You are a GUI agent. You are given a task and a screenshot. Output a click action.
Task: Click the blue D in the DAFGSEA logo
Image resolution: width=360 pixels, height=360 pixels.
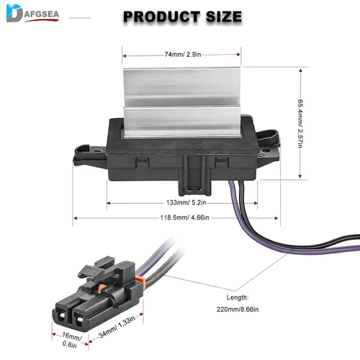click(14, 13)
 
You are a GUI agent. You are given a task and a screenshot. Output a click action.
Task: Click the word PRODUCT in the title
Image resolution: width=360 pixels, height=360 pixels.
click(161, 17)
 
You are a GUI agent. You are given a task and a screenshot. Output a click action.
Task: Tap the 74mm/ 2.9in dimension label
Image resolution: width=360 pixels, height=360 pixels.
click(183, 55)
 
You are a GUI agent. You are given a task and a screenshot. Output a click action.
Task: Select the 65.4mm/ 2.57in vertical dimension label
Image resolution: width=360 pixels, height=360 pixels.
click(300, 123)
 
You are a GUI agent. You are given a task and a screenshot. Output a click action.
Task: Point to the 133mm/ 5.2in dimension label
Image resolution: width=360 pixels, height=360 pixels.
click(186, 202)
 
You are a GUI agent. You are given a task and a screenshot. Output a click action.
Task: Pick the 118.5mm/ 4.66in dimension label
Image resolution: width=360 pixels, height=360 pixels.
click(184, 217)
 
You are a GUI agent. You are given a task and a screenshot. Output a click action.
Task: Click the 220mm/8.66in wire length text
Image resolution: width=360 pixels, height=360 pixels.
click(238, 310)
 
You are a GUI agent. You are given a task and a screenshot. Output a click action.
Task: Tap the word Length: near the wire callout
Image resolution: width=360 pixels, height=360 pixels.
click(238, 297)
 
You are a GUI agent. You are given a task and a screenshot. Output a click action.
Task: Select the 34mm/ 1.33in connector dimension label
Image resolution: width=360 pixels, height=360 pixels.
click(117, 327)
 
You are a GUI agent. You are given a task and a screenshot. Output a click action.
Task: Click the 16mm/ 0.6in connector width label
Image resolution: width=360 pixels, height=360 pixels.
click(71, 340)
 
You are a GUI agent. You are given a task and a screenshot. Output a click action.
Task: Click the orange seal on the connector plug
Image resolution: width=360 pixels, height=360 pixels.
click(140, 280)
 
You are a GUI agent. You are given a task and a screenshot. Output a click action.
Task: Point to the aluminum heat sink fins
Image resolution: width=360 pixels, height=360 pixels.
click(182, 102)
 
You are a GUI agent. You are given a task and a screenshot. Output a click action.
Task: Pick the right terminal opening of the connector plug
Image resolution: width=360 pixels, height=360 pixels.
click(79, 319)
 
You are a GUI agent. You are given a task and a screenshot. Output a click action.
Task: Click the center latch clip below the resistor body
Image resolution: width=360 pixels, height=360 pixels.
click(194, 175)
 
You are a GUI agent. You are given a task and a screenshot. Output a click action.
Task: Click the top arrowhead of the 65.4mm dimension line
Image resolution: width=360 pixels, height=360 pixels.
click(300, 71)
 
